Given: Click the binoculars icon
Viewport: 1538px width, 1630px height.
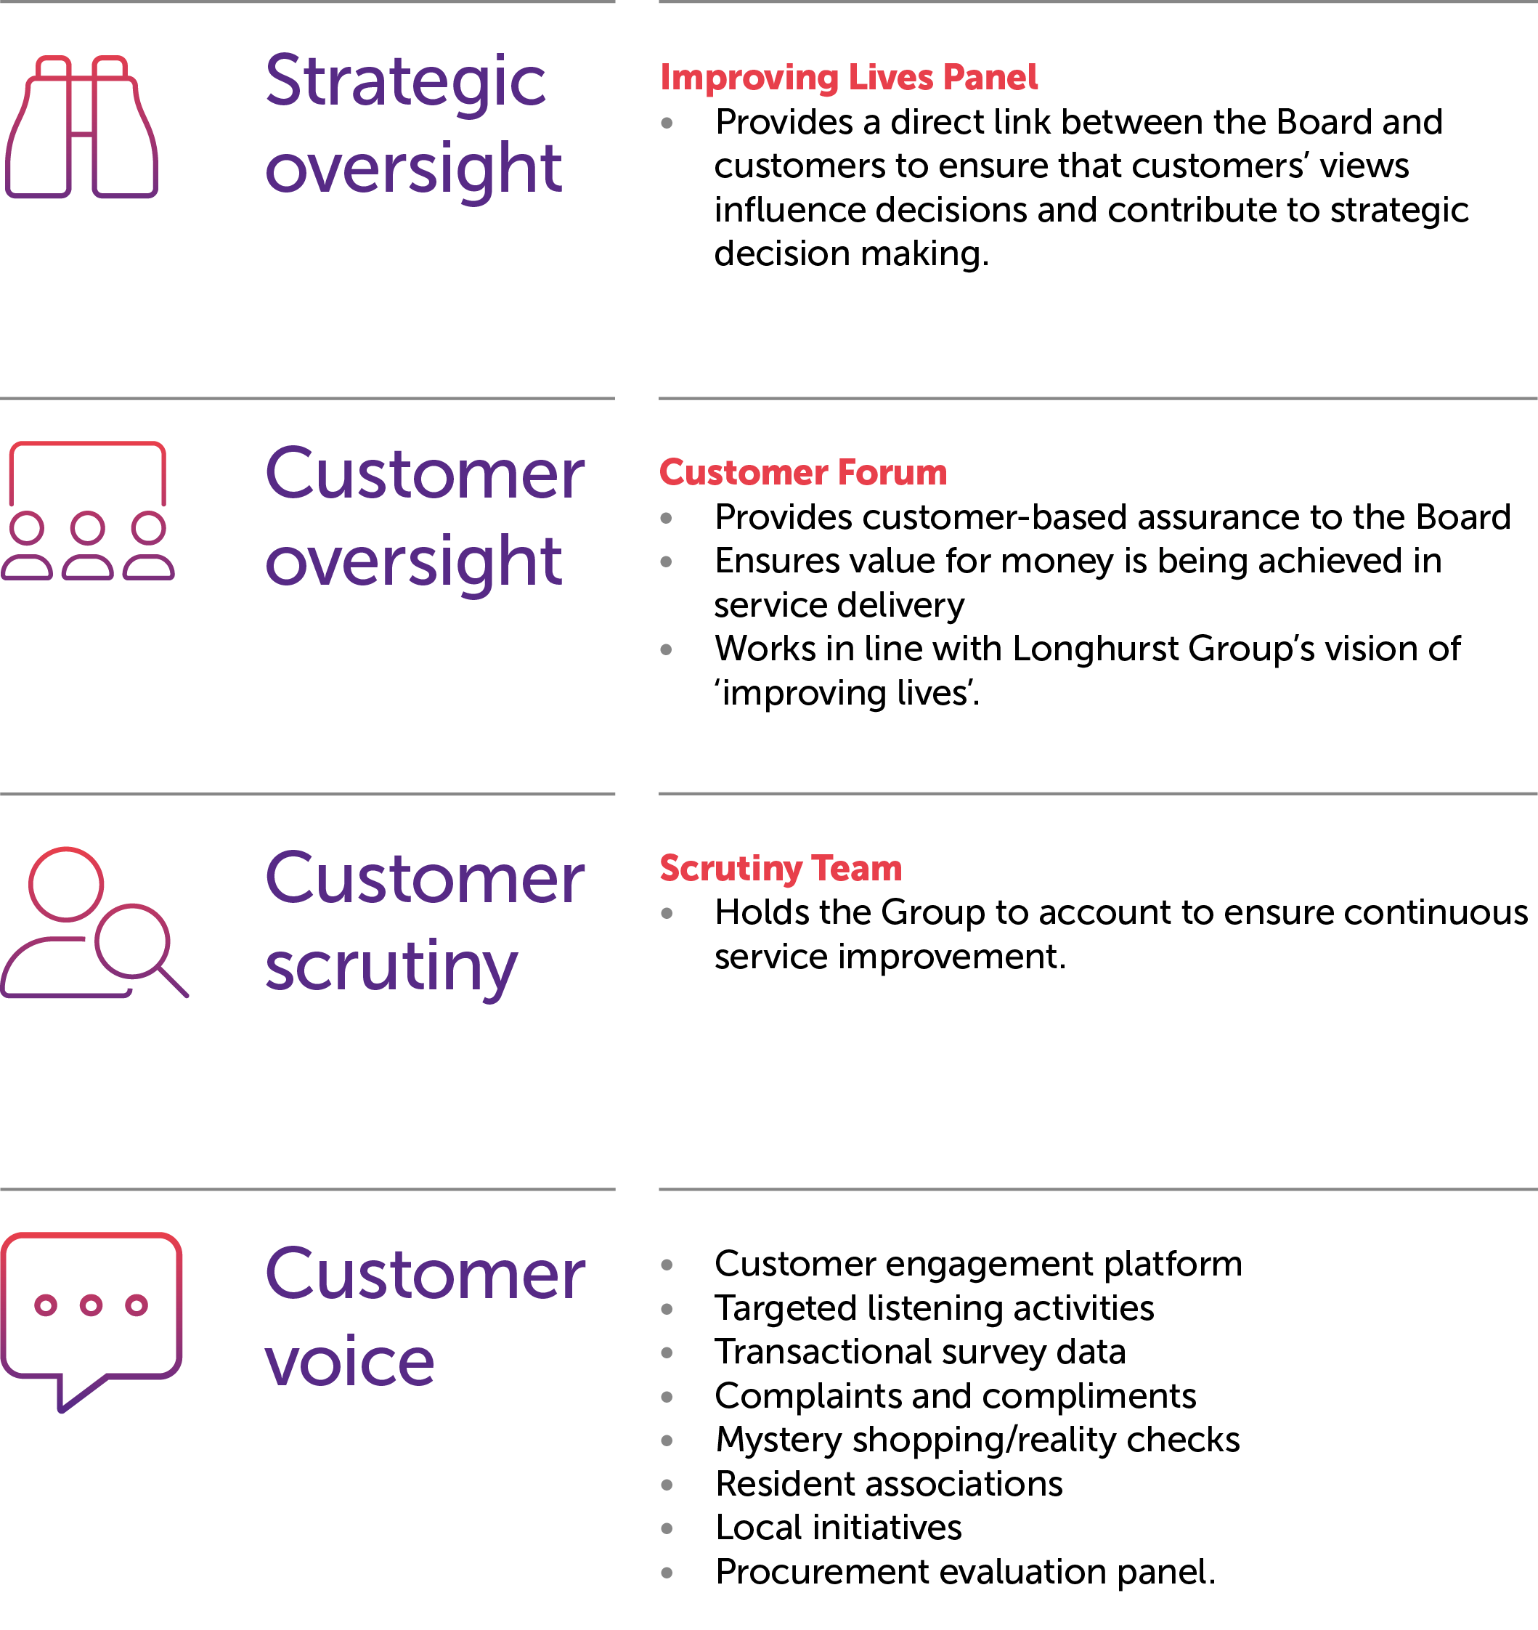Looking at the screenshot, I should (81, 127).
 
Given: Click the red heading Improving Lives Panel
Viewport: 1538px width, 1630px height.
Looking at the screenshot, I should (849, 77).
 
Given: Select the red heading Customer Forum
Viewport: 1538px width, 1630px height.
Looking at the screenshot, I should (802, 472).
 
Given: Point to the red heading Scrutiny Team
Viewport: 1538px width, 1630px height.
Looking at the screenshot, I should (780, 867).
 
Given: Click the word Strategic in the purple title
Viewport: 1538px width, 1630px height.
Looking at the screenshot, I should (405, 82).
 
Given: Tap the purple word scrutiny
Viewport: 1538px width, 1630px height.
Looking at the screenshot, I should (391, 968).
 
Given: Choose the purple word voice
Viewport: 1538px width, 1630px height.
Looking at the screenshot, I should (349, 1362).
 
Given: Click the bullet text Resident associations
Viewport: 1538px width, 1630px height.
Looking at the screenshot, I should (889, 1484).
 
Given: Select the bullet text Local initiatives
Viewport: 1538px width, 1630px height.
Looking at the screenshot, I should (838, 1528).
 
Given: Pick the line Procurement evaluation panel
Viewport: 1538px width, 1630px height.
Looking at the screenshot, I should (965, 1572).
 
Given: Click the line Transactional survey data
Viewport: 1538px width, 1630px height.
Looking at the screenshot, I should (920, 1352).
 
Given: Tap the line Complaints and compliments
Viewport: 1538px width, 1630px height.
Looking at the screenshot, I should (955, 1396).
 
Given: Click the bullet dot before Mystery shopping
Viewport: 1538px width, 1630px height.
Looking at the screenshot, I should (667, 1440).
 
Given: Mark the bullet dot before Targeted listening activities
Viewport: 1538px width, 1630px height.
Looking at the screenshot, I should (667, 1309).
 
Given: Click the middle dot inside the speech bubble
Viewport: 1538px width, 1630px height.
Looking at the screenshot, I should (91, 1305).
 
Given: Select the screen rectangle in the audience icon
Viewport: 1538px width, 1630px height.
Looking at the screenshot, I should (88, 472).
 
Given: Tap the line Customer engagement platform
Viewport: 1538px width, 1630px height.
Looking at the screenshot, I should (978, 1265).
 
